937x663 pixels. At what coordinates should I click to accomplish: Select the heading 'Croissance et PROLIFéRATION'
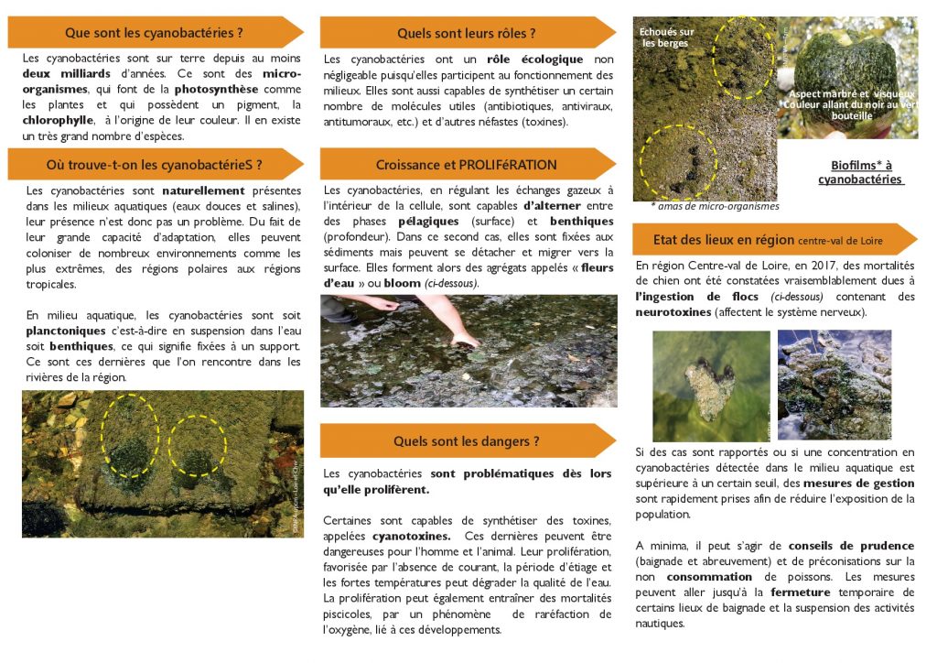pos(466,165)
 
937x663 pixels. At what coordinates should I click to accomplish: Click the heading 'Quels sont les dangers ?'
pos(466,441)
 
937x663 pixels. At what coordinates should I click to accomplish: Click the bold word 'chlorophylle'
pos(62,120)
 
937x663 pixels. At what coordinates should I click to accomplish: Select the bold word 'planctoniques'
pos(65,331)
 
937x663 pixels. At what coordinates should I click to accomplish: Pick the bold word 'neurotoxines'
pos(673,312)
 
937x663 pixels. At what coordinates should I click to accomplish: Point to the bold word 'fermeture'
pos(806,592)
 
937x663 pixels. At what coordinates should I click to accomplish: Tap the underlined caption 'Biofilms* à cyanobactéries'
pos(860,172)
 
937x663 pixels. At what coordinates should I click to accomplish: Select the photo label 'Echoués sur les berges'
pos(667,38)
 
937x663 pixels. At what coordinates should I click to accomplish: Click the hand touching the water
pos(465,340)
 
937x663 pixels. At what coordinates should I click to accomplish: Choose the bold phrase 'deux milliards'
pos(67,72)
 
